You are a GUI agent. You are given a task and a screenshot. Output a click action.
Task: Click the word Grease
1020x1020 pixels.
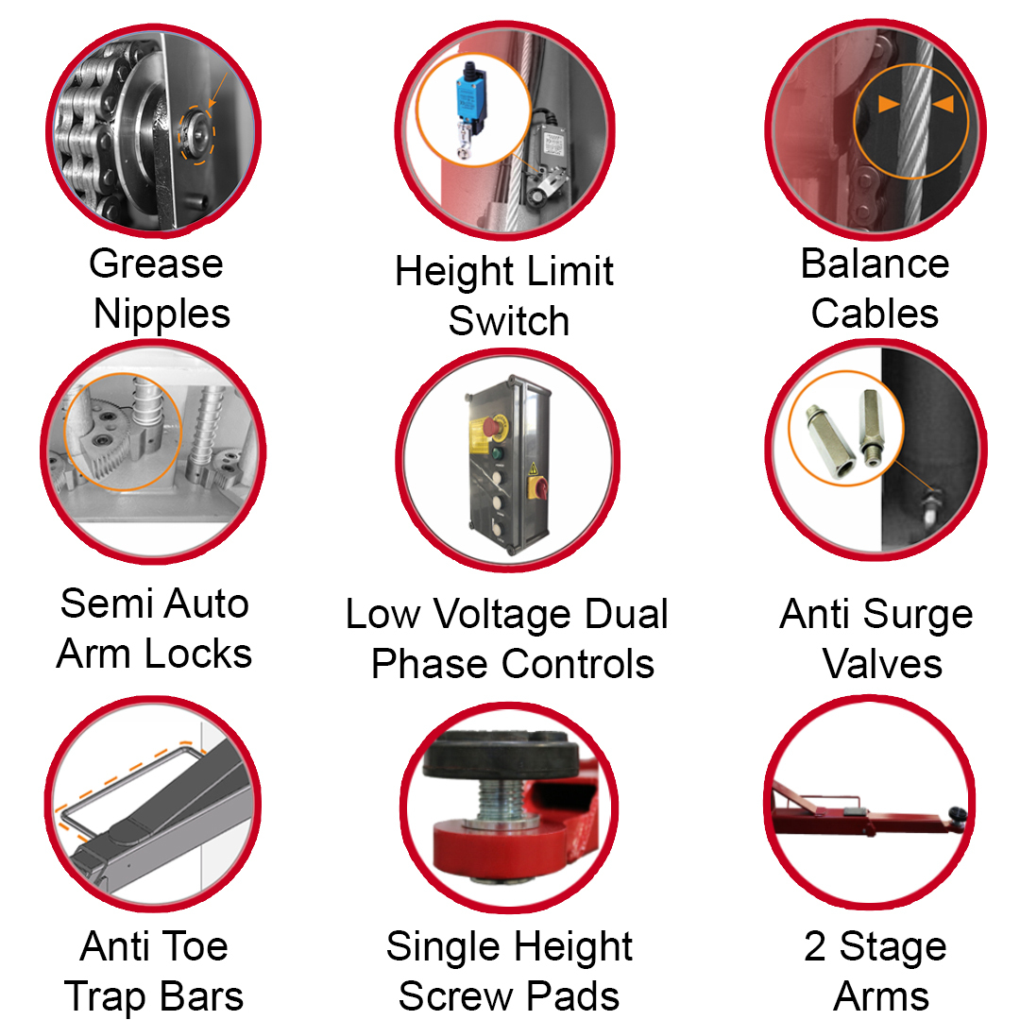(x=156, y=264)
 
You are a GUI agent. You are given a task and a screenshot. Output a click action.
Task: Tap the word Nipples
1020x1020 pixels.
(x=162, y=315)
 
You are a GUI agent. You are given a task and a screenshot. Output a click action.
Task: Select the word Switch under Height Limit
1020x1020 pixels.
(x=509, y=321)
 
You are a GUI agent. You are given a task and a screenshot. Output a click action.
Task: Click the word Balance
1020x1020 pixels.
(x=875, y=263)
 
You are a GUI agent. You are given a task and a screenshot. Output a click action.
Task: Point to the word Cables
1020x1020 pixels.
(x=875, y=313)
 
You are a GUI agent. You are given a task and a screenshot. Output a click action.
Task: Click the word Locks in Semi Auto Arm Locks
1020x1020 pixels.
(x=198, y=654)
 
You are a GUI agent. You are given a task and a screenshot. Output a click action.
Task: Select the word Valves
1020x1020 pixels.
(x=883, y=664)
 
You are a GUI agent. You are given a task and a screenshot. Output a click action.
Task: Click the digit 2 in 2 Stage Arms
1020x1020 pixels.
(x=815, y=945)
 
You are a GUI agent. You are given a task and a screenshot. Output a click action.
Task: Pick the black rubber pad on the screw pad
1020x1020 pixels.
(x=501, y=754)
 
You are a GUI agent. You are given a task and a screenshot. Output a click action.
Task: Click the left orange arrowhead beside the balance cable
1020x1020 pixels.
(x=889, y=104)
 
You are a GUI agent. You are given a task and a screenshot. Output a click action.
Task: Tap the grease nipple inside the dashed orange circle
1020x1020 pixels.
(x=195, y=133)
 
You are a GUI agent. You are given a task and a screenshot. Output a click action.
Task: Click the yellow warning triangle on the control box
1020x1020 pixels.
(x=534, y=468)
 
